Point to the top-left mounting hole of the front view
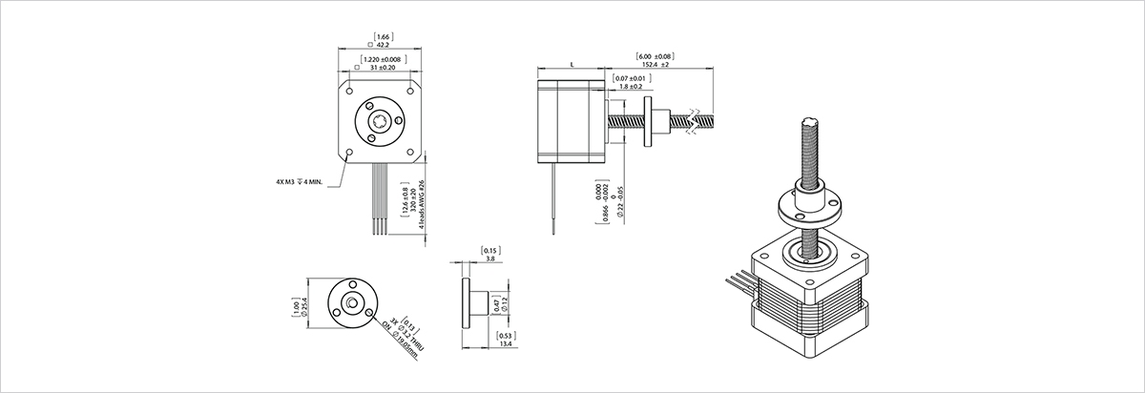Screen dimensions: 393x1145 [x=351, y=93]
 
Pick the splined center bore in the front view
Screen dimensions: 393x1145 [x=382, y=121]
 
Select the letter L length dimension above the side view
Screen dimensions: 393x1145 [x=571, y=63]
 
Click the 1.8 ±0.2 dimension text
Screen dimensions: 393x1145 [x=632, y=87]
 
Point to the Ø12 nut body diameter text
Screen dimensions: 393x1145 [x=507, y=306]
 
